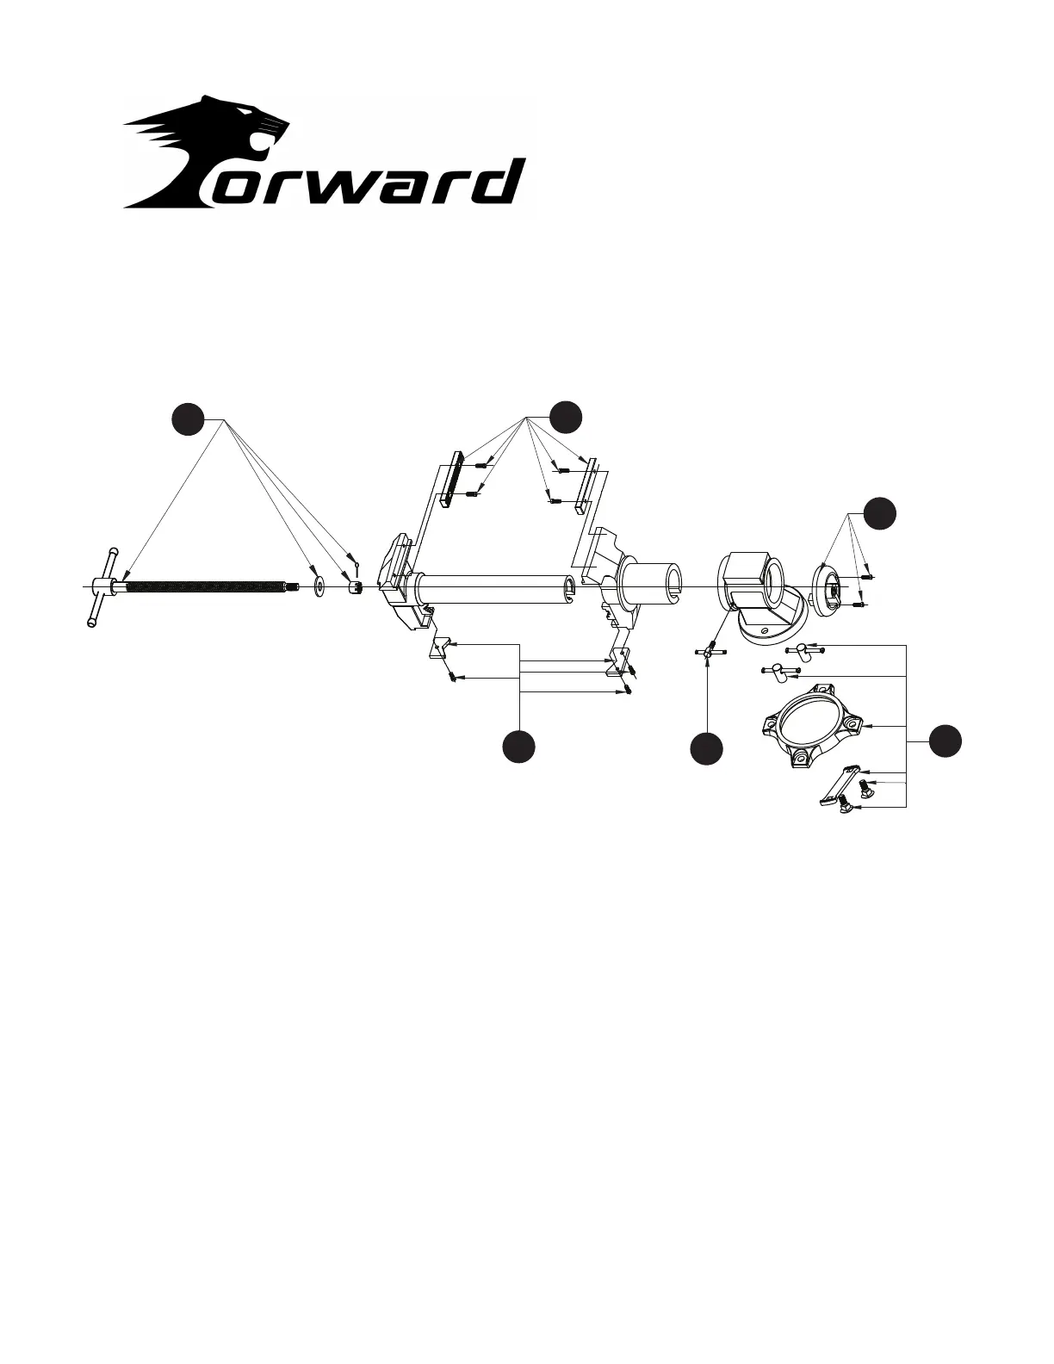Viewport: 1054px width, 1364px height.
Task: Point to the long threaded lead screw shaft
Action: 207,587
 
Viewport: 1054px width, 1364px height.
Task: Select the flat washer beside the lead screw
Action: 318,587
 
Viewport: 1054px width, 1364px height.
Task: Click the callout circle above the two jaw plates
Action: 567,417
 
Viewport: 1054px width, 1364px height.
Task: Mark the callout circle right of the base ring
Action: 945,741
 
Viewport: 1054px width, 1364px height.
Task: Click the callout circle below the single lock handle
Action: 707,747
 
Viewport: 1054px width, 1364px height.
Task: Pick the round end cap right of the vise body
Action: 829,589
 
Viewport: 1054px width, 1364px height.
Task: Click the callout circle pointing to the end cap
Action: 880,513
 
